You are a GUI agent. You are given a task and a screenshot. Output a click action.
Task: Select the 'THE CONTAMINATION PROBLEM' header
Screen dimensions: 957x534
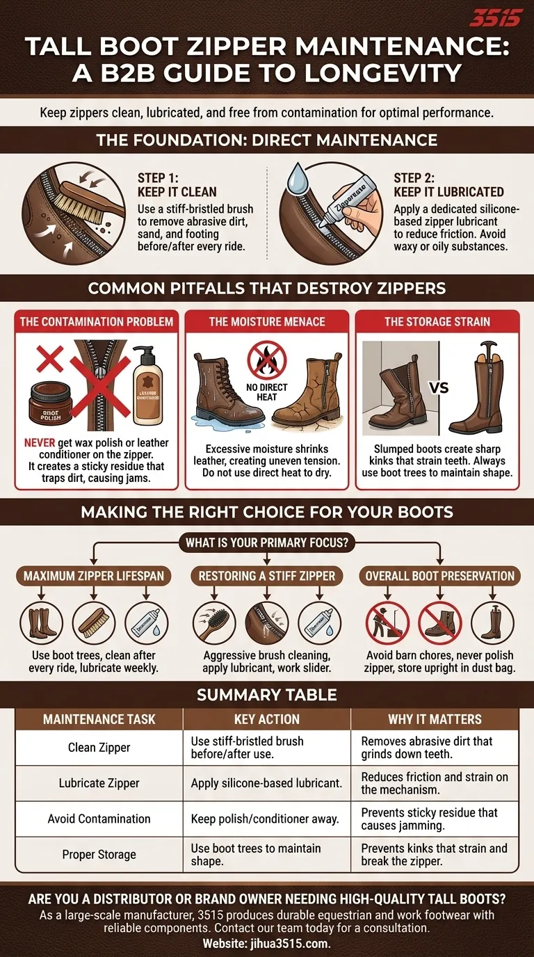tap(97, 321)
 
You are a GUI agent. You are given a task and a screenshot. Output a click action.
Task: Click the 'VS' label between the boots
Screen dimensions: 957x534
tap(439, 388)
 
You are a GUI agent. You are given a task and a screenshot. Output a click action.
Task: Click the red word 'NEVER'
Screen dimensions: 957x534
tap(39, 443)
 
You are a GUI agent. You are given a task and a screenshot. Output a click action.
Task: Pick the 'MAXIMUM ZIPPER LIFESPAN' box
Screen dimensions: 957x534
tap(95, 576)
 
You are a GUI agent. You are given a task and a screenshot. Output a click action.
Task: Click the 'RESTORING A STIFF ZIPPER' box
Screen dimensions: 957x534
tap(267, 576)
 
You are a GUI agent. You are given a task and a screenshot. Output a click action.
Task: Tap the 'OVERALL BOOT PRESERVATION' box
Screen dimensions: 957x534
tap(439, 576)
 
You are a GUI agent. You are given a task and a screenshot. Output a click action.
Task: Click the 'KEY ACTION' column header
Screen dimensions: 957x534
tap(267, 719)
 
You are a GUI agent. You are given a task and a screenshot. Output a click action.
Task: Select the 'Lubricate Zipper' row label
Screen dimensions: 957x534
tap(99, 783)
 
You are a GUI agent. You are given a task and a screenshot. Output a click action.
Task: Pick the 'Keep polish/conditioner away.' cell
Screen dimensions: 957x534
tap(265, 819)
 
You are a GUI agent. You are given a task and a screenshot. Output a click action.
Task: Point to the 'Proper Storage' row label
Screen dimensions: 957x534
tap(99, 855)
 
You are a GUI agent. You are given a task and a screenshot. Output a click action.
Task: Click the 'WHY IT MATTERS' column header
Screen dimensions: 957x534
tap(435, 719)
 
